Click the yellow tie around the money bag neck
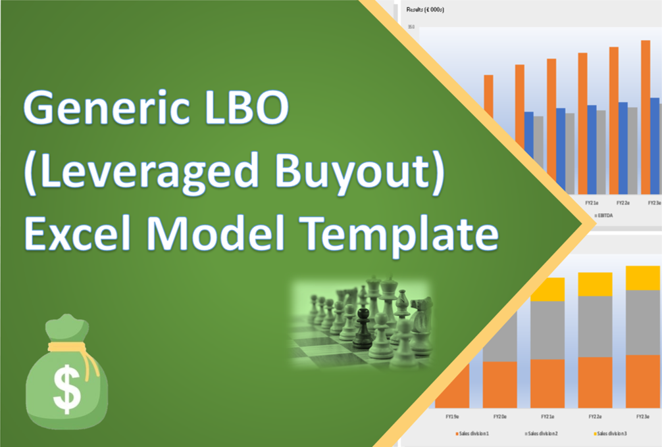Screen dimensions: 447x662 (x=66, y=347)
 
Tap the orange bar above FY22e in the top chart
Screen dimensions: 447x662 (x=614, y=118)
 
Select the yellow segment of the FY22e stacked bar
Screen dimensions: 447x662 (x=595, y=284)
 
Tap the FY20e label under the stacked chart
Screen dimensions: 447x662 (x=499, y=416)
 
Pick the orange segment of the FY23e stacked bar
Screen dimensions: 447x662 (x=642, y=381)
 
